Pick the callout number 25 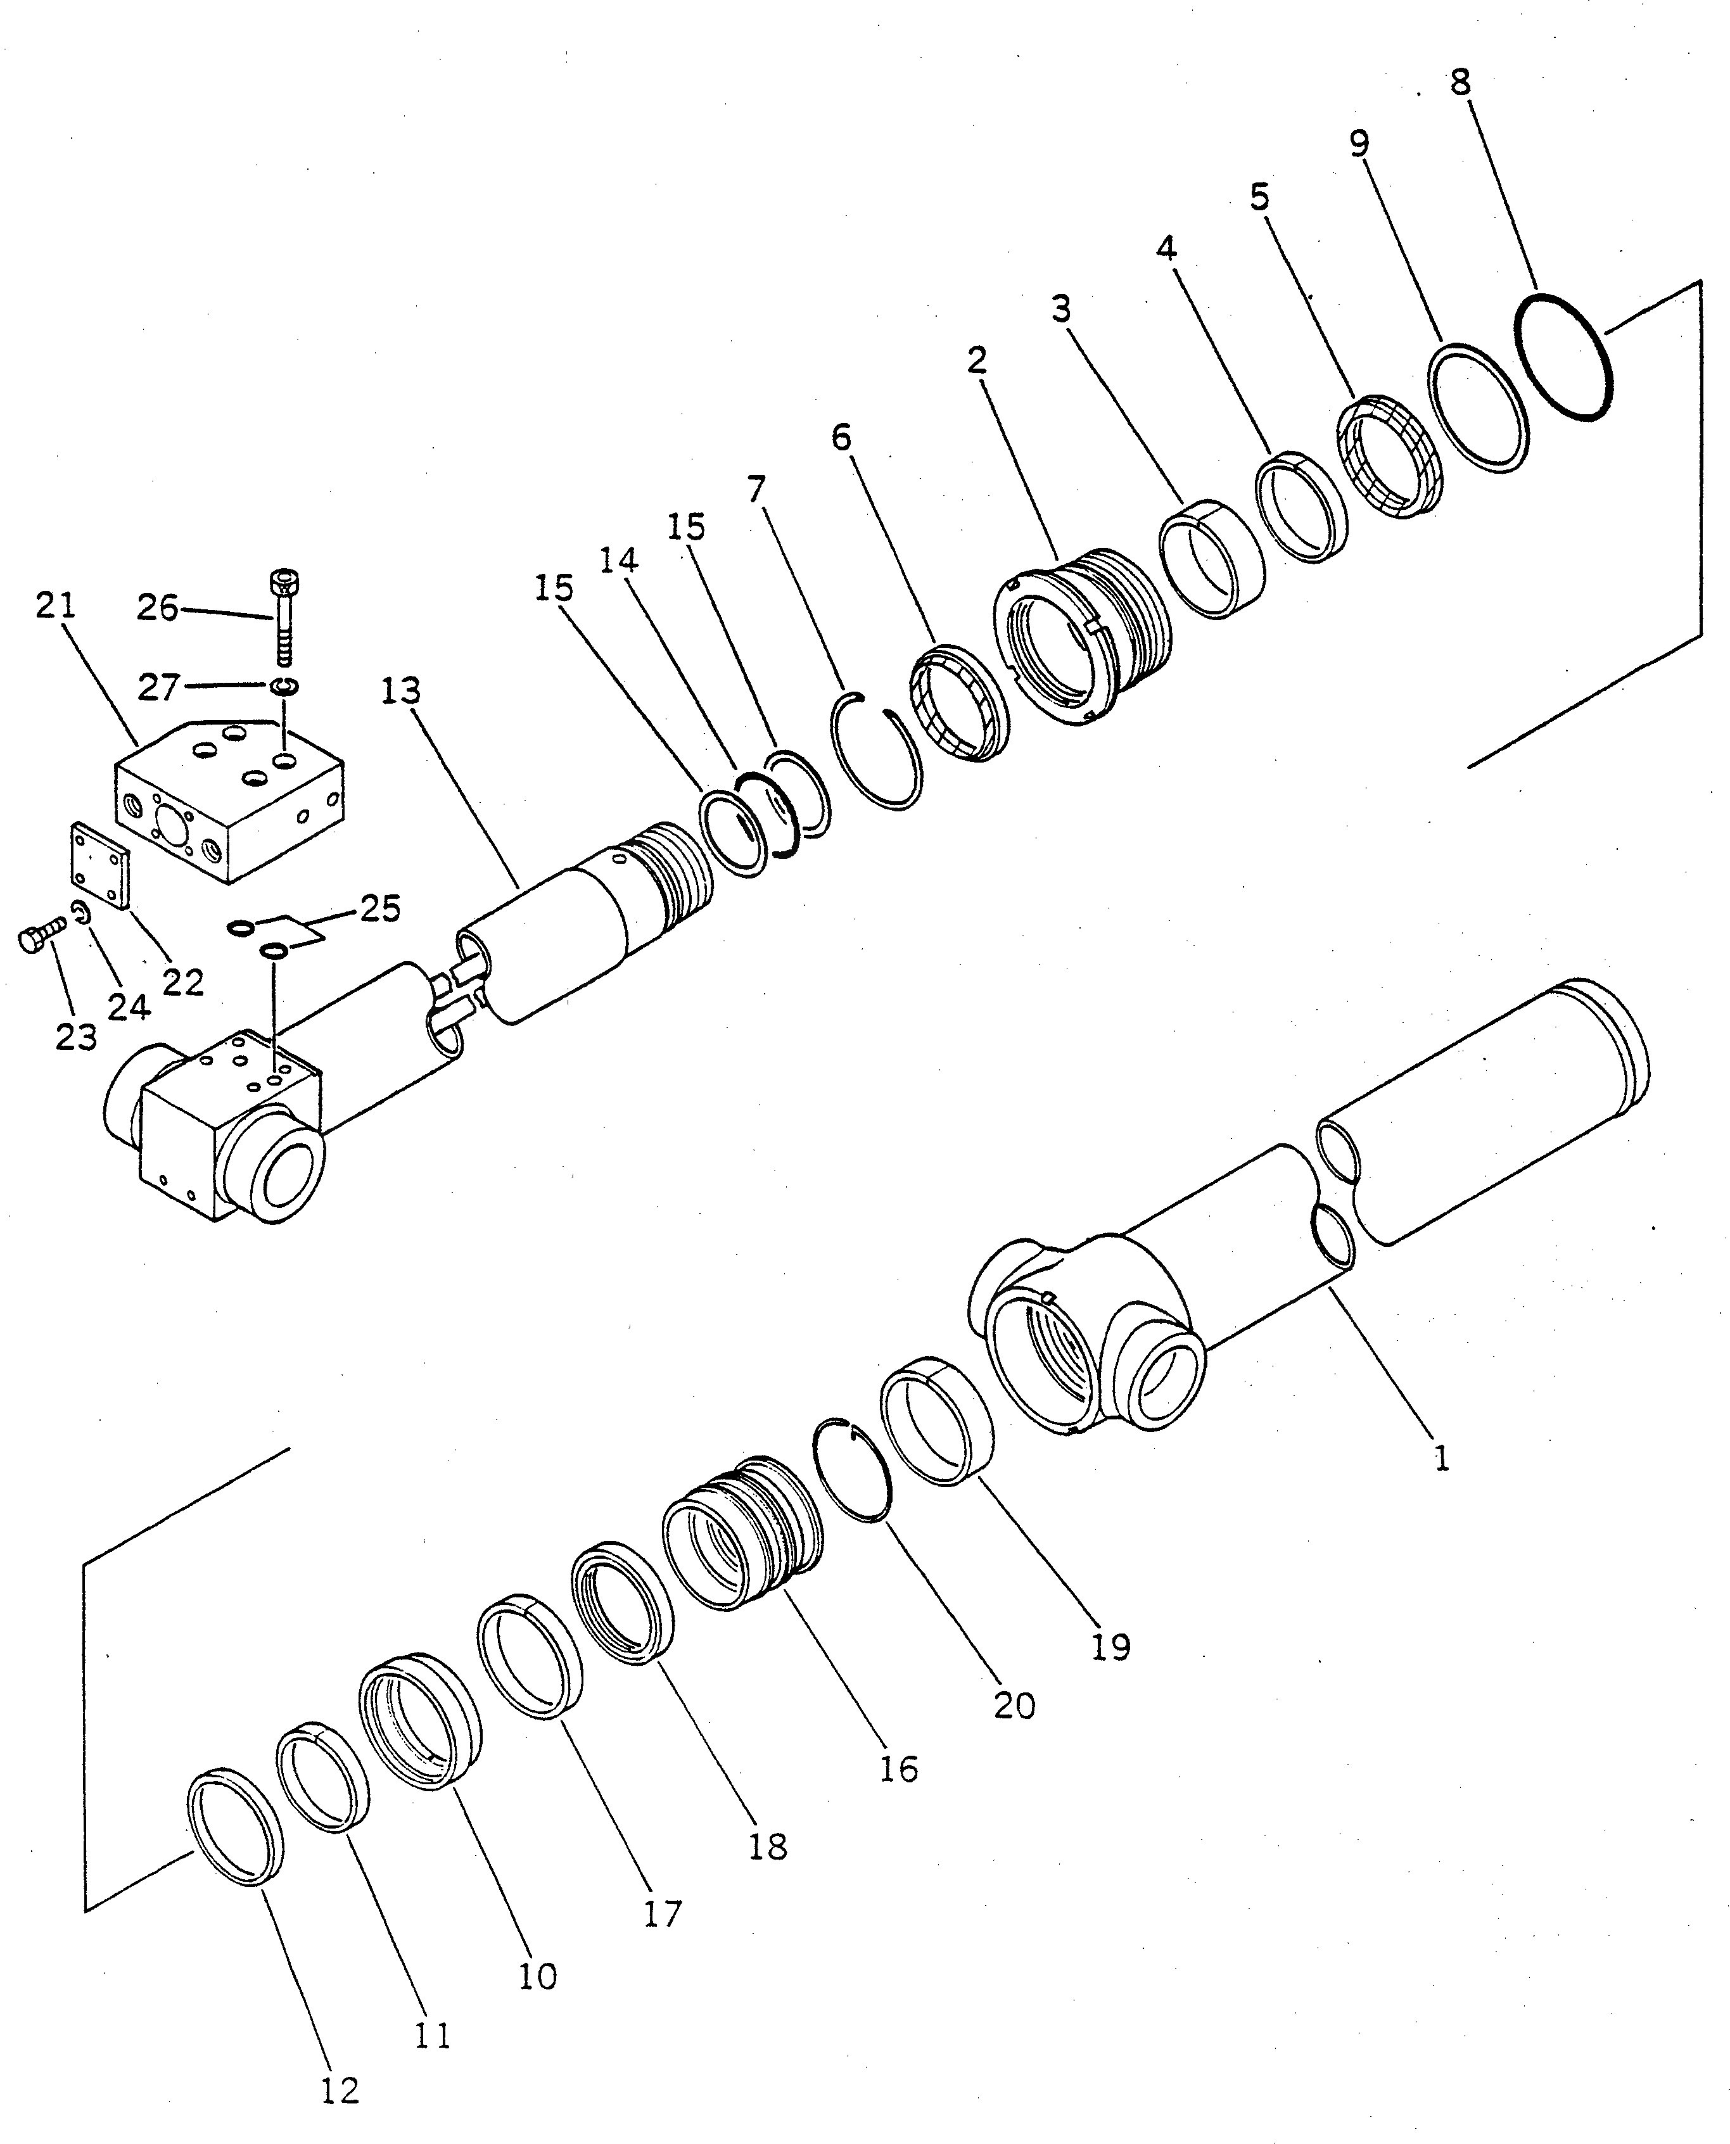[379, 908]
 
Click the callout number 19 [1110, 1646]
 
